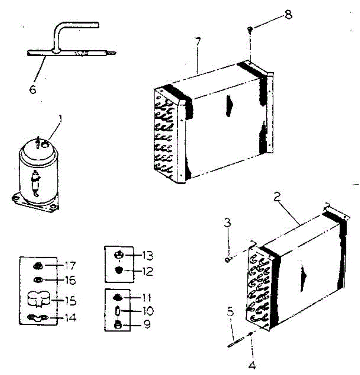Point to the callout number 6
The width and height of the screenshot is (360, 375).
pyautogui.click(x=33, y=89)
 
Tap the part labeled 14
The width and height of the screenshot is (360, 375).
pyautogui.click(x=37, y=318)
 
